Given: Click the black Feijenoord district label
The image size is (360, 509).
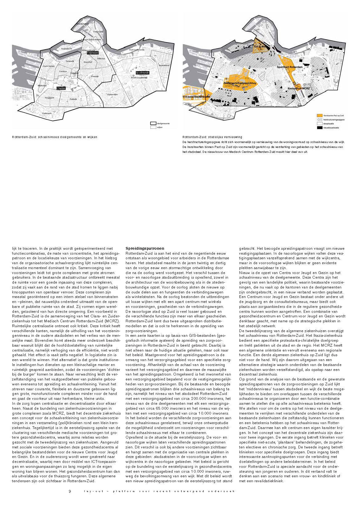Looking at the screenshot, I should tap(93, 53).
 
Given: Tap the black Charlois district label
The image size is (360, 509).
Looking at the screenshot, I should tap(61, 88).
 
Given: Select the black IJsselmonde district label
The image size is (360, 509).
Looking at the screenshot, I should tap(142, 73).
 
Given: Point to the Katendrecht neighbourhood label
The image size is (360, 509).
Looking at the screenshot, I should tap(66, 49).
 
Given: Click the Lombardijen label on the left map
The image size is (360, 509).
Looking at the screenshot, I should tap(112, 94).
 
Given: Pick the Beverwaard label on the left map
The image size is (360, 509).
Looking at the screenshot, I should tap(164, 65).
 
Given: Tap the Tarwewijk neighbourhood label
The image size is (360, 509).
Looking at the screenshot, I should tap(70, 61).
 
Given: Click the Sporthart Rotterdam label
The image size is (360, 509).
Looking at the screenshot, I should tap(290, 67).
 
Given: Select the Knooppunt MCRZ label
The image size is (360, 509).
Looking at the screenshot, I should tap(298, 89).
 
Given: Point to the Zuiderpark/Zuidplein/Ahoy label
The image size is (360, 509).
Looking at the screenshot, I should tap(240, 83).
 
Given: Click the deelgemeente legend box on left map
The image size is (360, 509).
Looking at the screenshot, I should tap(153, 123).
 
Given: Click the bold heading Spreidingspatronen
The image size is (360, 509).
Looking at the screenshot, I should tap(145, 248).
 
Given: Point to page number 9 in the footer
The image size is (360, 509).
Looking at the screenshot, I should tap(70, 491).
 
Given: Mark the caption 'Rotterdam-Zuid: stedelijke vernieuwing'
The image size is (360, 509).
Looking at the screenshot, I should tap(212, 137).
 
